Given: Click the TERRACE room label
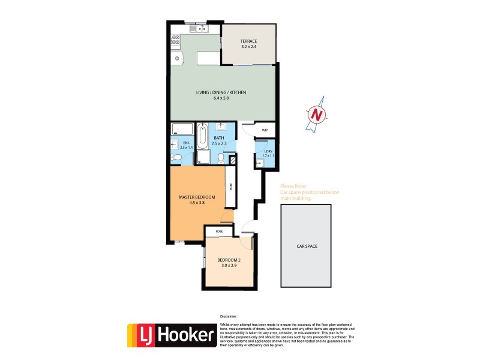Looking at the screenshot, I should click(248, 41).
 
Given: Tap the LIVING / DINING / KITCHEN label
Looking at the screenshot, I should click(221, 92).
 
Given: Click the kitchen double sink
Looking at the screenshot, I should click(199, 28).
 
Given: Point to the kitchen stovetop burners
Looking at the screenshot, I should click(176, 40).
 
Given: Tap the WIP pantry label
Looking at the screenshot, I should click(265, 130).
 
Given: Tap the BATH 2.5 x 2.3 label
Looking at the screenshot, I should click(219, 140).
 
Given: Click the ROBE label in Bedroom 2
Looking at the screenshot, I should click(220, 230).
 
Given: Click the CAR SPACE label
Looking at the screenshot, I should click(305, 246).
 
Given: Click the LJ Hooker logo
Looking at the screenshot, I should click(171, 334).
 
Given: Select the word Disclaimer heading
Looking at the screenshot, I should click(229, 316).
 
